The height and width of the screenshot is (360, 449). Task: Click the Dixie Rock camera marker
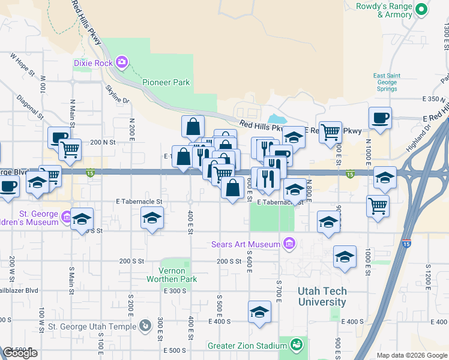[x=122, y=62]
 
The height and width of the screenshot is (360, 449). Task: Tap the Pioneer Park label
[x=166, y=82]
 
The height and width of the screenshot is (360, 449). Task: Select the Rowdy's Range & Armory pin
[x=421, y=9]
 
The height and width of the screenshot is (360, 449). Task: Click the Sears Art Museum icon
[x=289, y=244]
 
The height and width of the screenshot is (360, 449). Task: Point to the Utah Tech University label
[x=322, y=296]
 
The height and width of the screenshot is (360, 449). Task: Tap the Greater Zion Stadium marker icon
[x=295, y=345]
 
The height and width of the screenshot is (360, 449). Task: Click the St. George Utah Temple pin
[x=145, y=326]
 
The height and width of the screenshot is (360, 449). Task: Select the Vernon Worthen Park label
[x=178, y=275]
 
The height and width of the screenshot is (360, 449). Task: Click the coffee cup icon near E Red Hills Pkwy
[x=379, y=118]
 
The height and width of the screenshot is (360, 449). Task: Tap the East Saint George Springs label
[x=385, y=82]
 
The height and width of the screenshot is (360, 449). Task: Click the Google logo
[x=20, y=353]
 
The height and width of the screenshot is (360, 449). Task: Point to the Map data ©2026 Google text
[x=411, y=355]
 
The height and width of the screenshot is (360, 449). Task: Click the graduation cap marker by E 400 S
[x=259, y=312]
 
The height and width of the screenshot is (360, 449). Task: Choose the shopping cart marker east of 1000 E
[x=378, y=206]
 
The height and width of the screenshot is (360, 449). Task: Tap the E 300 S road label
[x=175, y=290]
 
